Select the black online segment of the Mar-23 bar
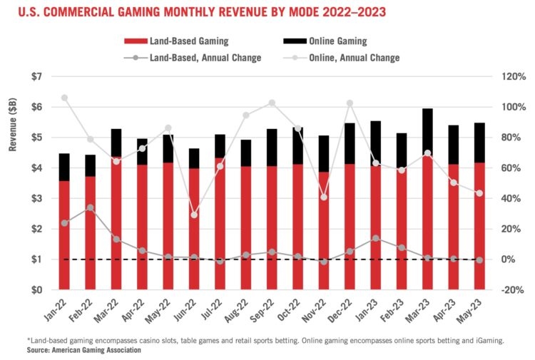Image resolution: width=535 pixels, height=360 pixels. click(427, 132)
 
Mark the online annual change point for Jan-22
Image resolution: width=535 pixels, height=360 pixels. click(65, 98)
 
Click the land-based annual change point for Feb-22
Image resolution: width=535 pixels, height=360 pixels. click(91, 207)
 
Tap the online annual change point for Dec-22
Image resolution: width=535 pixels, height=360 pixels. click(350, 103)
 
